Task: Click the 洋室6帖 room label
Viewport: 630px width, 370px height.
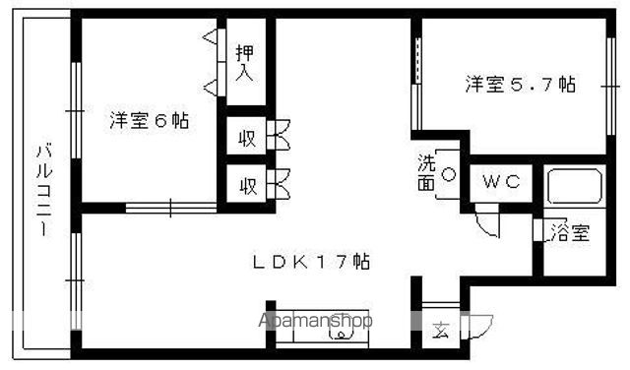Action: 149,122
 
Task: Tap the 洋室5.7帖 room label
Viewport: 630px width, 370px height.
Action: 521,84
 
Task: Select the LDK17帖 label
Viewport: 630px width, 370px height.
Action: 310,263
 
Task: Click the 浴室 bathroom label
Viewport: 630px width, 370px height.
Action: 570,233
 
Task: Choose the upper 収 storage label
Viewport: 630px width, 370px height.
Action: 247,138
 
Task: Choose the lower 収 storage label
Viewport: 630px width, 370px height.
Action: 247,184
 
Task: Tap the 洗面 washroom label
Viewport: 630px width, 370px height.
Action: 425,172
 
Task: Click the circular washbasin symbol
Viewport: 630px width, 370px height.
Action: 448,174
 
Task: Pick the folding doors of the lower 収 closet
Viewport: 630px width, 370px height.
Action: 281,183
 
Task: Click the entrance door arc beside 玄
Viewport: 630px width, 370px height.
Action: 479,326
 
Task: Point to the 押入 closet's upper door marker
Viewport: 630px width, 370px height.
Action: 211,38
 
